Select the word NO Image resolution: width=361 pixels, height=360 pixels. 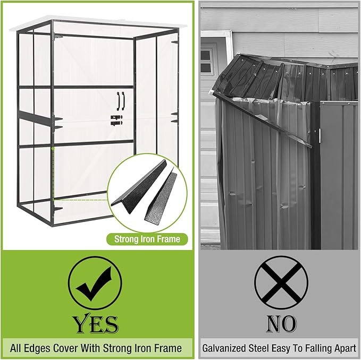coord(281,323)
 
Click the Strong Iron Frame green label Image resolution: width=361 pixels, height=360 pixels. coord(147,239)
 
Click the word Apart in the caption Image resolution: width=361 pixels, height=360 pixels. coord(342,348)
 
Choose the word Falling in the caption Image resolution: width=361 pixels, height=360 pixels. coord(314,348)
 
